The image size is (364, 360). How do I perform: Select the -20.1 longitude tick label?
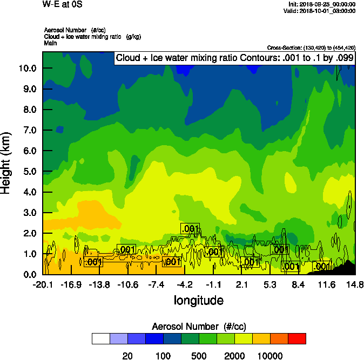click(x=43, y=284)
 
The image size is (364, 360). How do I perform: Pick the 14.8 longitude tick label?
click(x=354, y=284)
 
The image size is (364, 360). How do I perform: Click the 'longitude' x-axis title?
click(x=198, y=300)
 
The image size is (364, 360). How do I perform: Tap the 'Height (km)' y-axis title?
click(x=6, y=164)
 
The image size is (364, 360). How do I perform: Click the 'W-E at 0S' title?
click(x=61, y=4)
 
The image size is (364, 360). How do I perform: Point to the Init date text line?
click(x=322, y=4)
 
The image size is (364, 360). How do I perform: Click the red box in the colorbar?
click(x=296, y=338)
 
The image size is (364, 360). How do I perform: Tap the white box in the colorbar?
click(x=100, y=338)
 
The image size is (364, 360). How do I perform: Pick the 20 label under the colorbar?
click(x=127, y=355)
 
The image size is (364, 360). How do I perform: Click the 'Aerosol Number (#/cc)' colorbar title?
click(x=198, y=326)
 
